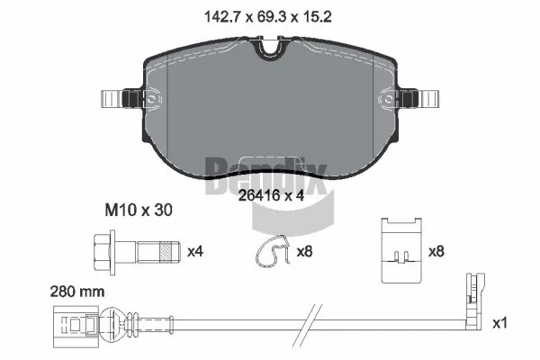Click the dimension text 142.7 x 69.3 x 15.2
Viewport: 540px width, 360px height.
tap(270, 15)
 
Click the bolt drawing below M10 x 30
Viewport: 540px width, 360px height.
tap(135, 247)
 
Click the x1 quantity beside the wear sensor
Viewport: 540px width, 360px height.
tap(500, 321)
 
